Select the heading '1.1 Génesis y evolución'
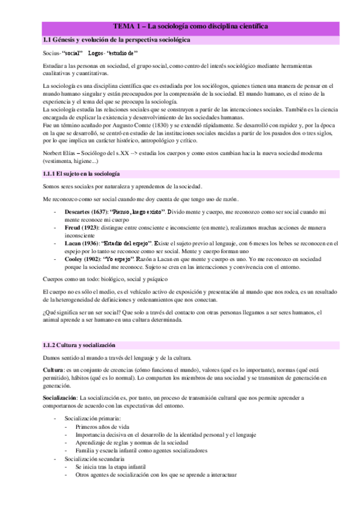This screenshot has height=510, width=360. (x=114, y=39)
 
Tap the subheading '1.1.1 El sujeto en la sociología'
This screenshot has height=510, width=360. (x=81, y=173)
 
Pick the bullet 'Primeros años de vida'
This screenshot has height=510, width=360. (x=102, y=426)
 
